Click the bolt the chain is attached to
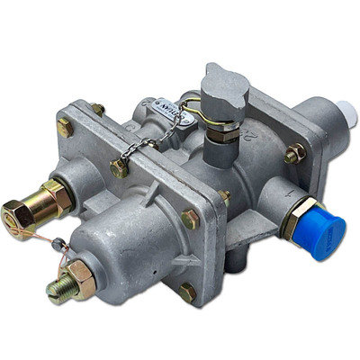(119, 167)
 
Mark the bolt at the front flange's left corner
(65, 128)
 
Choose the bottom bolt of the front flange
(186, 292)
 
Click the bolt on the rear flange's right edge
(294, 155)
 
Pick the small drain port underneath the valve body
(235, 262)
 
